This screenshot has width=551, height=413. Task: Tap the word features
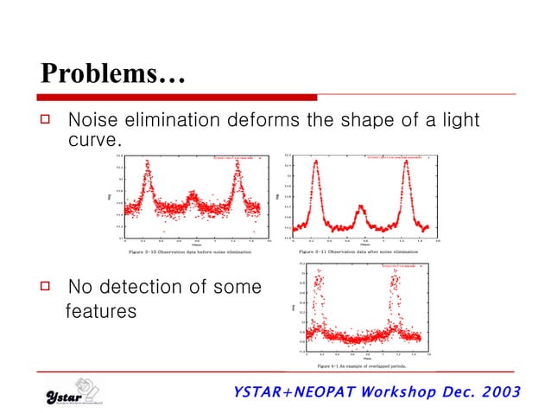point(101,310)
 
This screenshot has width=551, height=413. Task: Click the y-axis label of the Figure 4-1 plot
point(294,308)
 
